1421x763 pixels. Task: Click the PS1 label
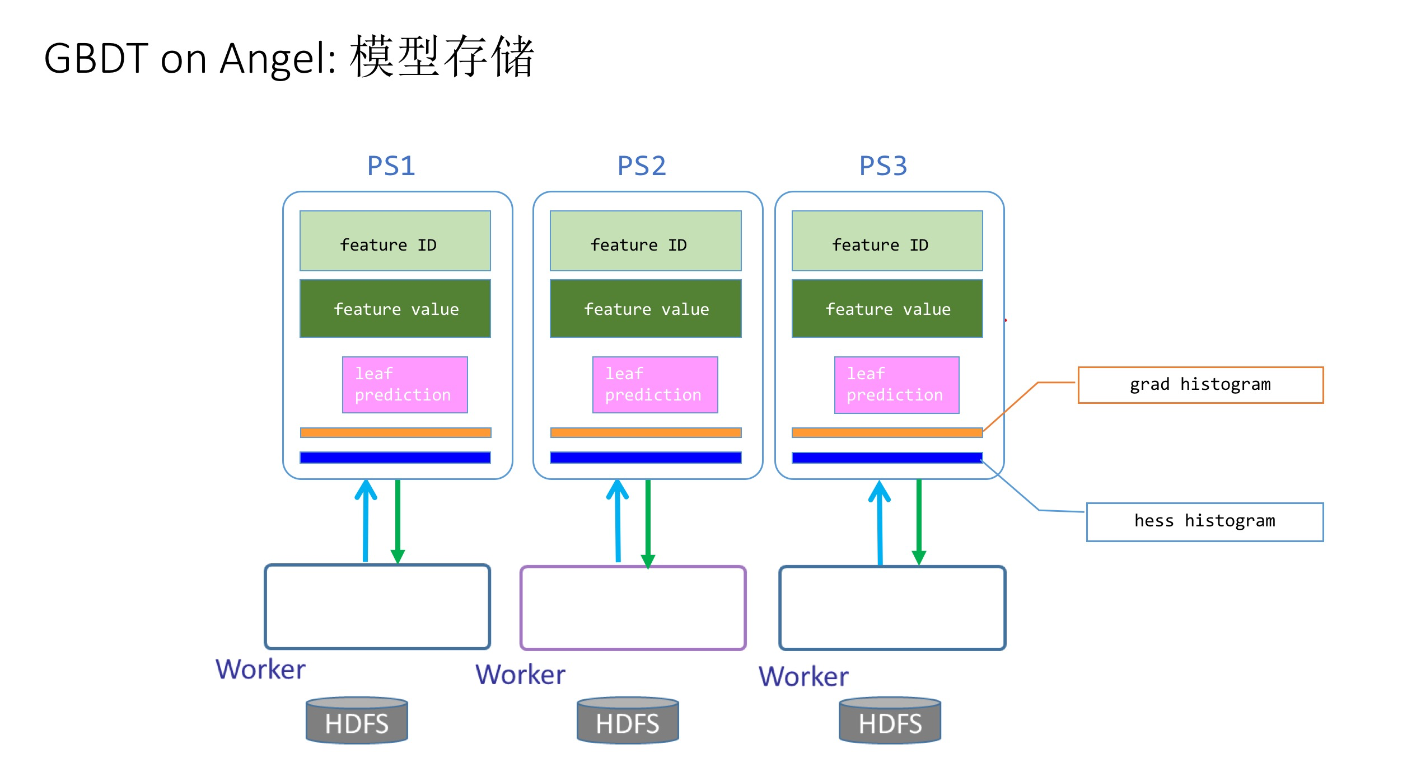(391, 166)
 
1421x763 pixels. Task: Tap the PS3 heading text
(882, 166)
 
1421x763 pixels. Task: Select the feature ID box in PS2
(645, 241)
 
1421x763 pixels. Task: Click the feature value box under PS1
(395, 309)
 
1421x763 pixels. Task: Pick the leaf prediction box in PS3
(896, 385)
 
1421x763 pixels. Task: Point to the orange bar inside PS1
(395, 432)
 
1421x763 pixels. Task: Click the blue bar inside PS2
(645, 458)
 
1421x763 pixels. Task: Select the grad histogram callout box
(1200, 385)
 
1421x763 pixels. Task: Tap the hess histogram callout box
(1204, 521)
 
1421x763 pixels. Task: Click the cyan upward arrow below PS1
(366, 520)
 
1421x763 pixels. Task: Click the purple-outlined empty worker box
(633, 608)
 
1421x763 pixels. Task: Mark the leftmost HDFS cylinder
(357, 721)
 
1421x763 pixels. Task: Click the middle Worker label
(520, 675)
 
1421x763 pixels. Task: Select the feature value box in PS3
(887, 309)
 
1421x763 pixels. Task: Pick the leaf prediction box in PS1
(404, 385)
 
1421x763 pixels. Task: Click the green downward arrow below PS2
(648, 523)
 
